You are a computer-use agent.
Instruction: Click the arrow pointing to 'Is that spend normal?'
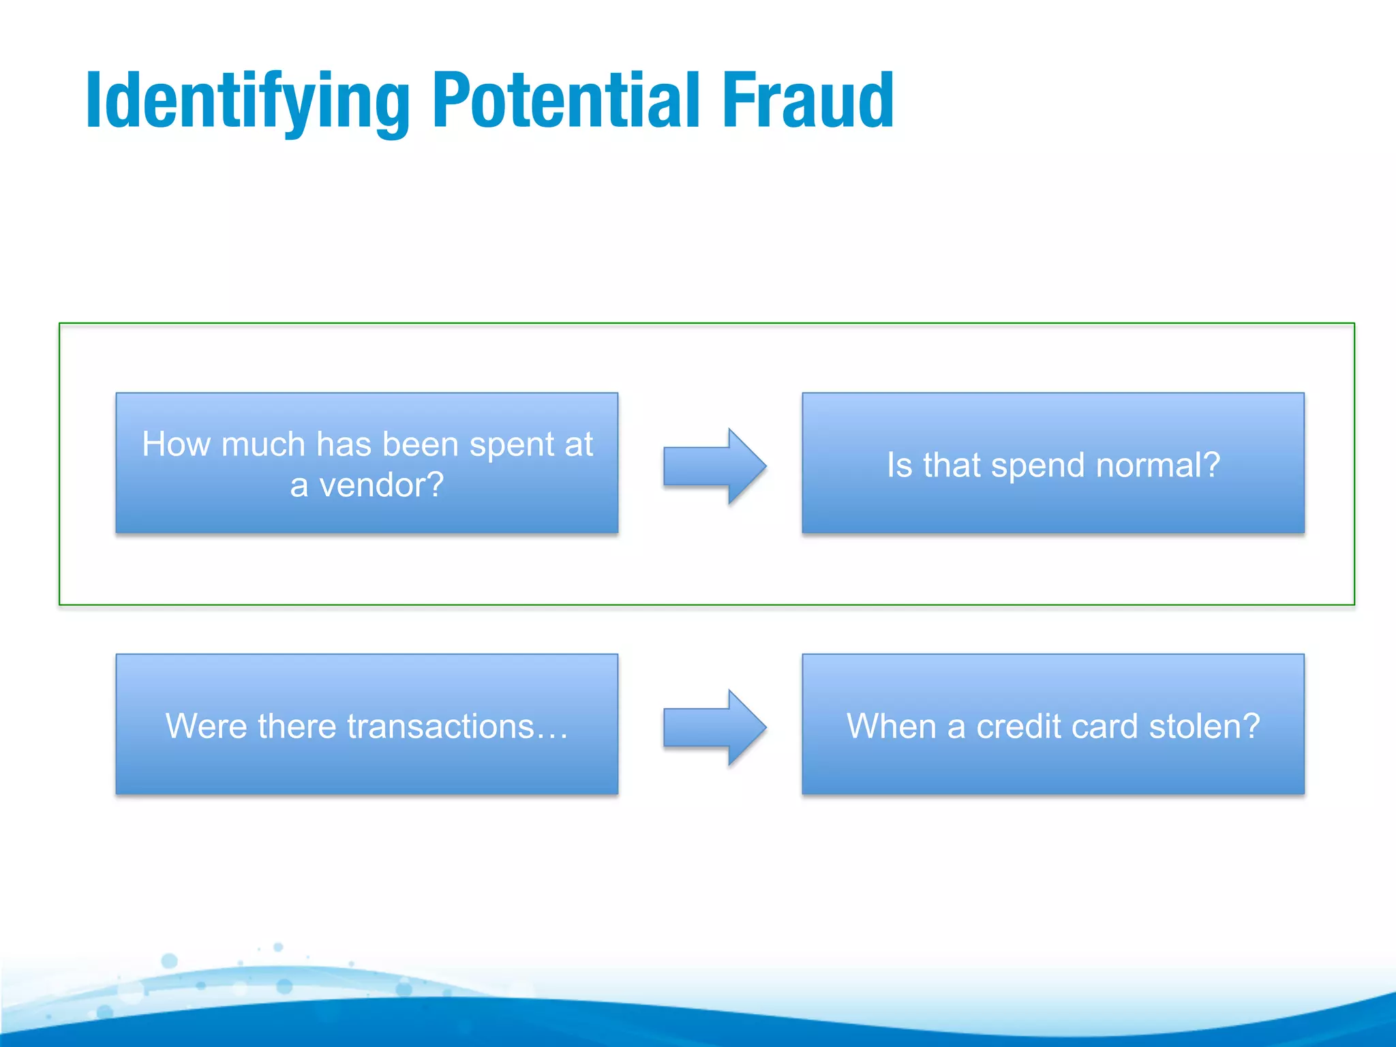point(714,466)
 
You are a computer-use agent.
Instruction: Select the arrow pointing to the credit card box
point(714,727)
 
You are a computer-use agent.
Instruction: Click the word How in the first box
point(176,444)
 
